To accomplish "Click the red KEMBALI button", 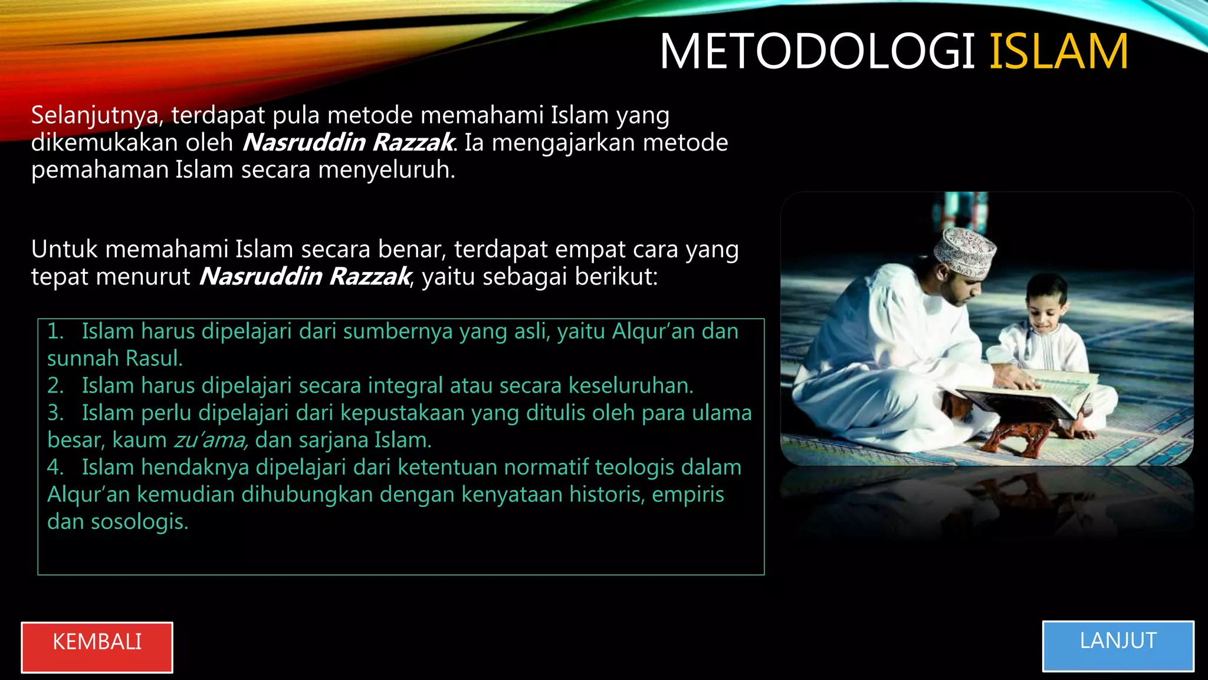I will pos(97,647).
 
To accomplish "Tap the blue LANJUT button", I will pos(1118,646).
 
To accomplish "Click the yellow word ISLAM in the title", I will pos(1059,52).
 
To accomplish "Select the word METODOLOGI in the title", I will pos(817,52).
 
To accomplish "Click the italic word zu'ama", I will pos(209,440).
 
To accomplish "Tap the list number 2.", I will pos(55,386).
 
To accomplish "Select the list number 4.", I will pos(55,467).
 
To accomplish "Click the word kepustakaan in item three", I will pos(402,413).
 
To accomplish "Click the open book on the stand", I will pos(1026,393).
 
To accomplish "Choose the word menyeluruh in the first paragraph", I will pos(386,170).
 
